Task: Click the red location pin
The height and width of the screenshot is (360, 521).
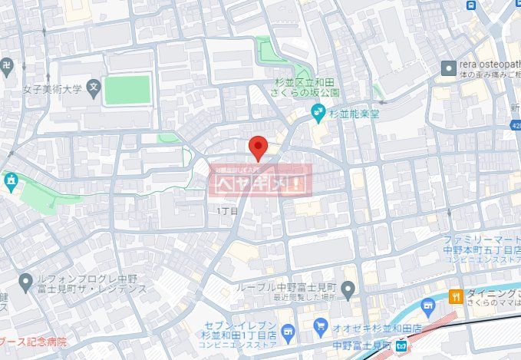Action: click(x=259, y=147)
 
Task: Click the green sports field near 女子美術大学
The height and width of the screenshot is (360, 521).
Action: click(x=127, y=90)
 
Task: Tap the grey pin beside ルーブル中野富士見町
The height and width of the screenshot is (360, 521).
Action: click(x=348, y=291)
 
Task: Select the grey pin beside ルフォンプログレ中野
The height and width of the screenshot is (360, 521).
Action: click(x=26, y=280)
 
